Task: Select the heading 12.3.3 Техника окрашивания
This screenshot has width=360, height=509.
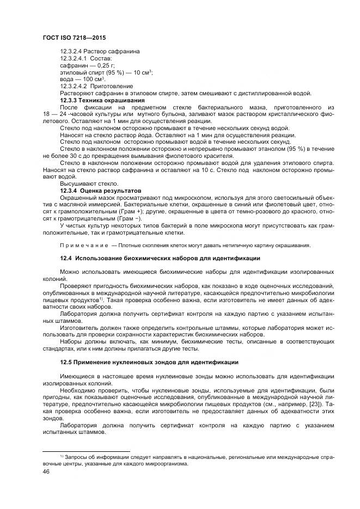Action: (102, 100)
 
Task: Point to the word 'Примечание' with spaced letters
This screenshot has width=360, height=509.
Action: (84, 245)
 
